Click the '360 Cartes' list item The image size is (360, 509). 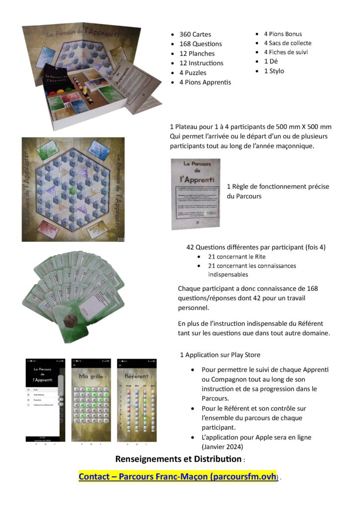tap(195, 34)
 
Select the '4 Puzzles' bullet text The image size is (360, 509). tap(193, 73)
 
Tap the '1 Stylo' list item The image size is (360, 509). tap(274, 71)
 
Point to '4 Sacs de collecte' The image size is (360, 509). tap(285, 43)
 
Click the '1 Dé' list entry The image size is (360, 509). tap(270, 62)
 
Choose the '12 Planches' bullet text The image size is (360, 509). tap(197, 54)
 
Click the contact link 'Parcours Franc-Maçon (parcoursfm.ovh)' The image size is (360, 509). tap(177, 476)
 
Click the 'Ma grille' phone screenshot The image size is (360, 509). tap(91, 400)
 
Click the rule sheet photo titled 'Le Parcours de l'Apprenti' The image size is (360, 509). tap(195, 194)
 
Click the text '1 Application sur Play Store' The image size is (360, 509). tap(220, 355)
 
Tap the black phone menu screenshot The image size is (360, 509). tap(45, 400)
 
